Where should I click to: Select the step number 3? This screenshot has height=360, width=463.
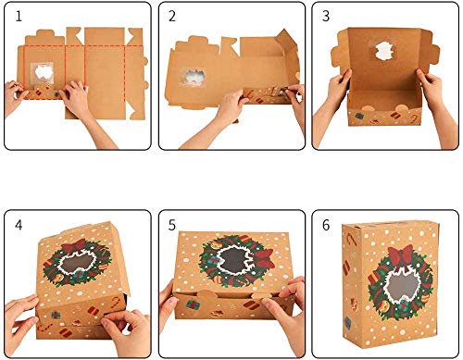(x=325, y=17)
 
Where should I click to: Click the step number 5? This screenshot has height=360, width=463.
(x=171, y=225)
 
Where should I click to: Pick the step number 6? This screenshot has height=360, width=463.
(x=325, y=225)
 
